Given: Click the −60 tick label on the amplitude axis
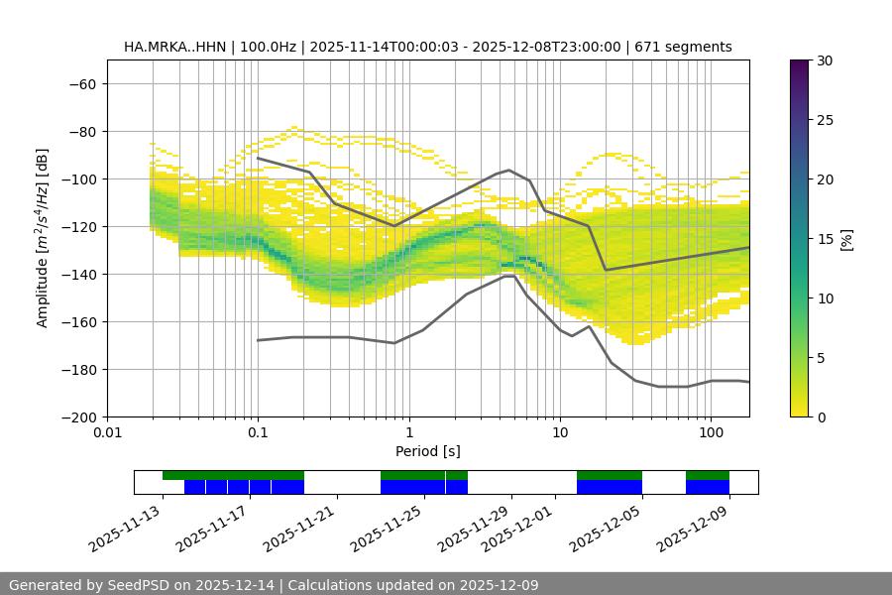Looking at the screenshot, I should tap(81, 83).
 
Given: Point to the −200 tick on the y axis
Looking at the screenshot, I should tap(77, 416).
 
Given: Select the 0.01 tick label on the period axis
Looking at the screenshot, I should tap(107, 433).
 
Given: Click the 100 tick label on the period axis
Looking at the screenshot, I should tap(711, 433).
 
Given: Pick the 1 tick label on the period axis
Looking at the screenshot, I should tap(409, 433).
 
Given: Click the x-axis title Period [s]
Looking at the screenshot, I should tap(428, 451).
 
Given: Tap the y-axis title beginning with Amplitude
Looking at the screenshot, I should tap(43, 238).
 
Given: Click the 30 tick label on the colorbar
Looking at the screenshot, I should tap(824, 60).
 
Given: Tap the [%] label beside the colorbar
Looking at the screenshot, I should tap(848, 238).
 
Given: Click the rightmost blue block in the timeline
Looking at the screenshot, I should tap(708, 487).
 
